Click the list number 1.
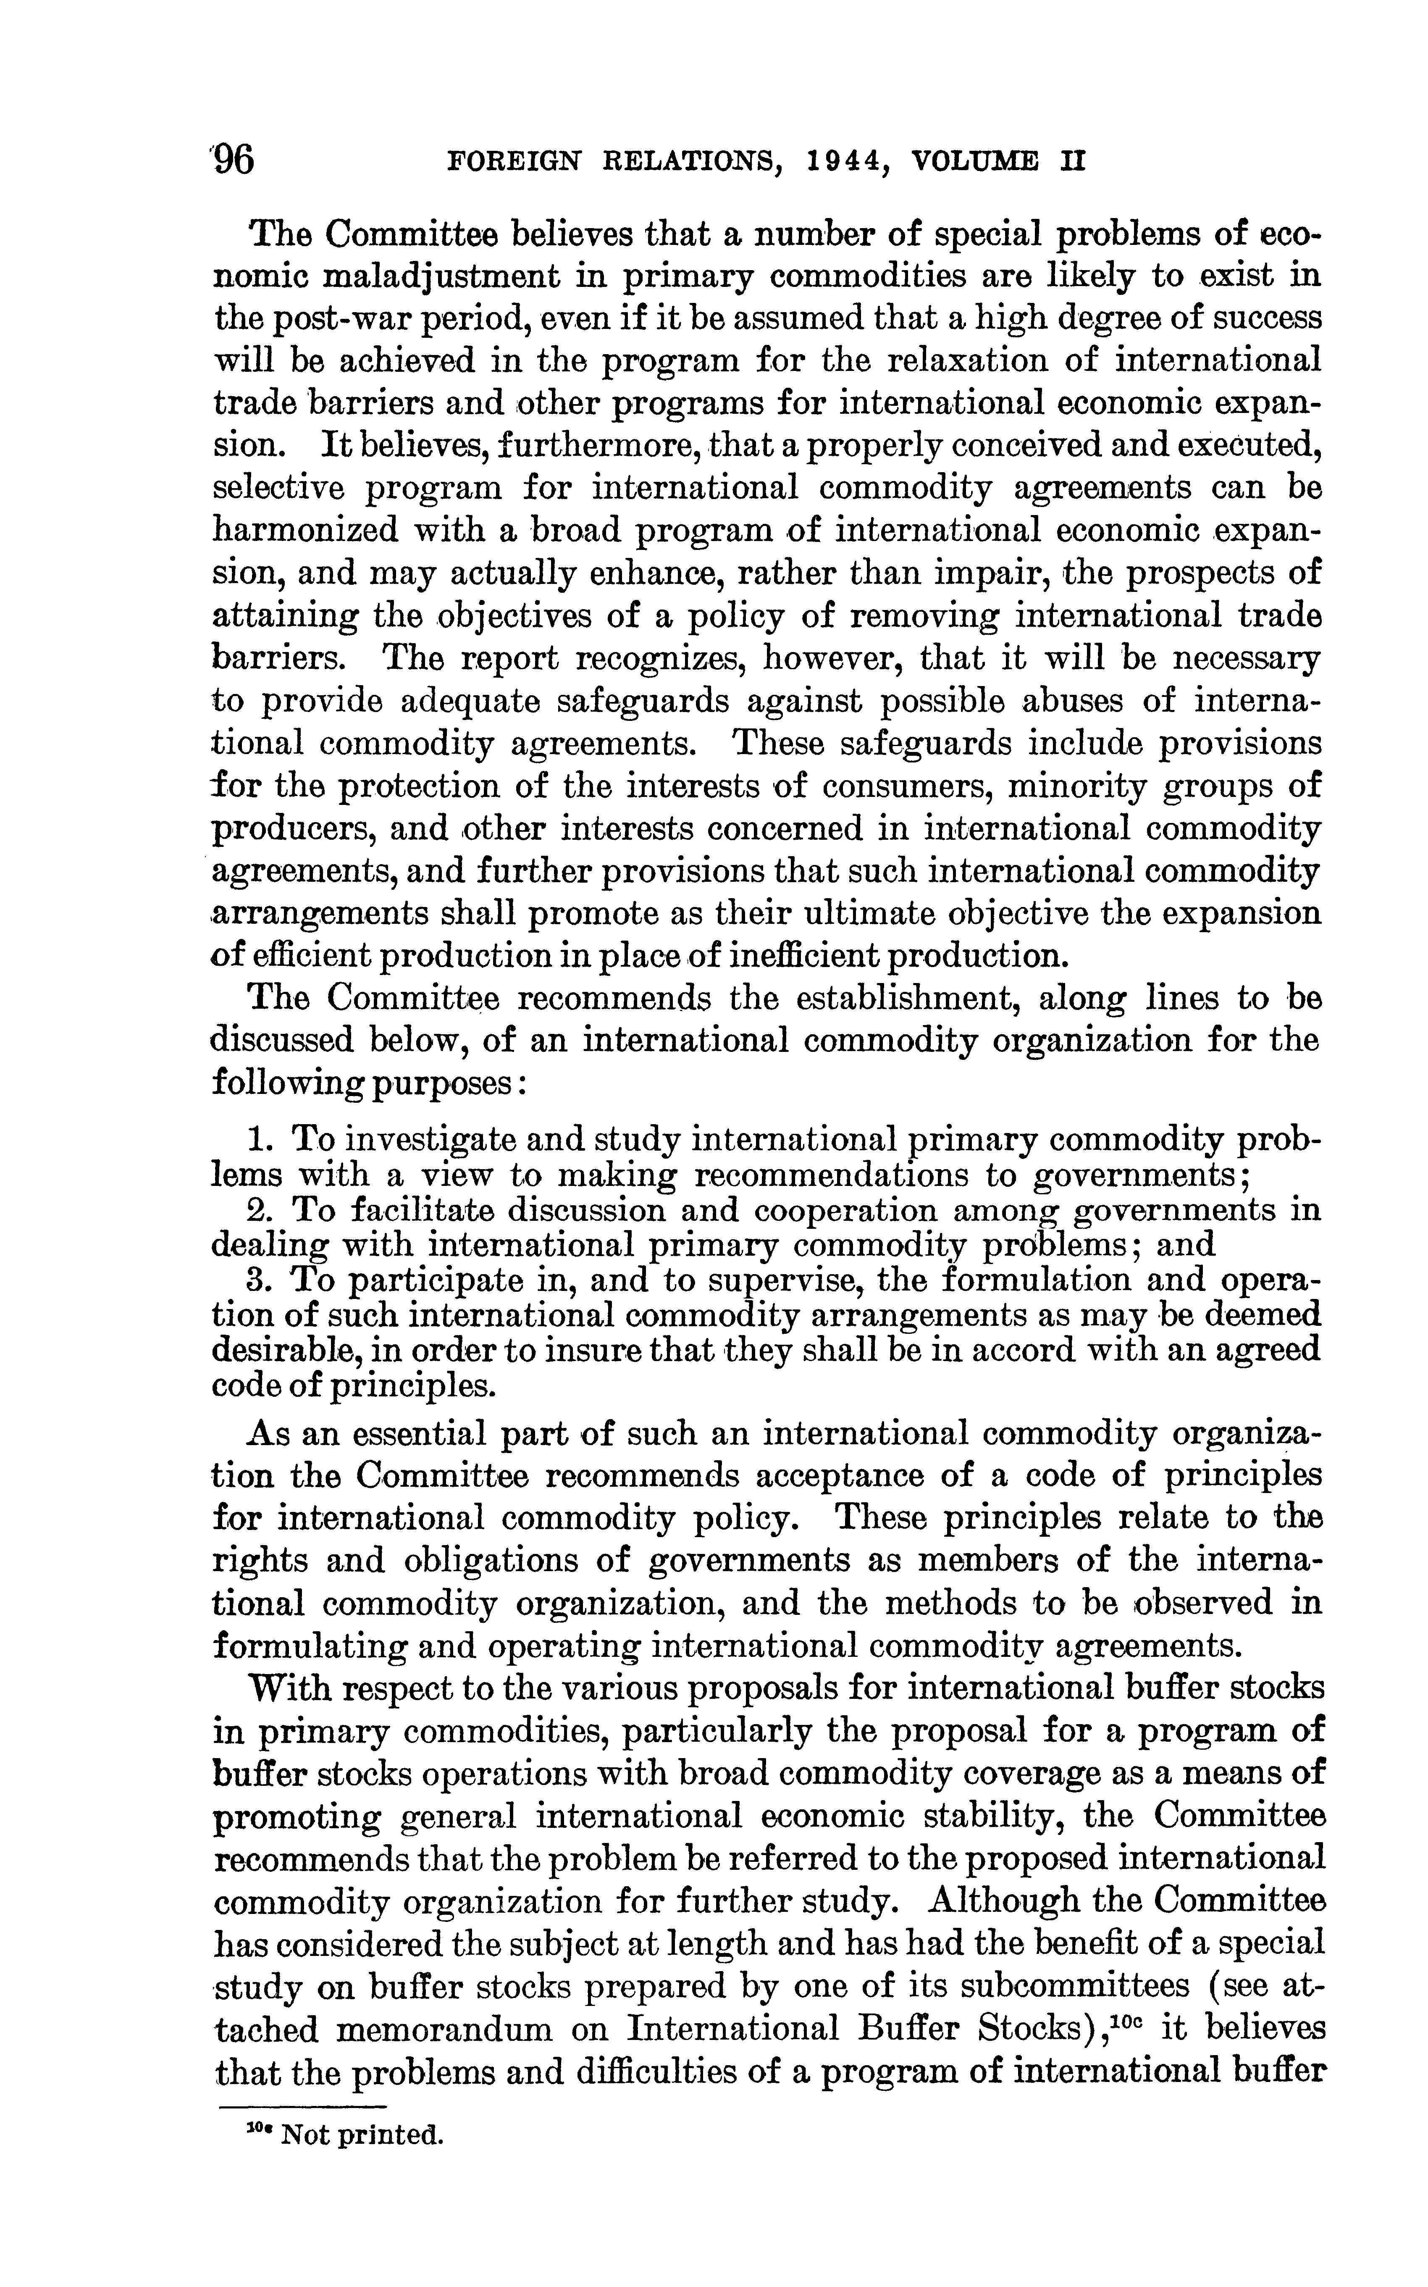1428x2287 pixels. point(254,1139)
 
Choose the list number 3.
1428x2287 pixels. point(254,1281)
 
